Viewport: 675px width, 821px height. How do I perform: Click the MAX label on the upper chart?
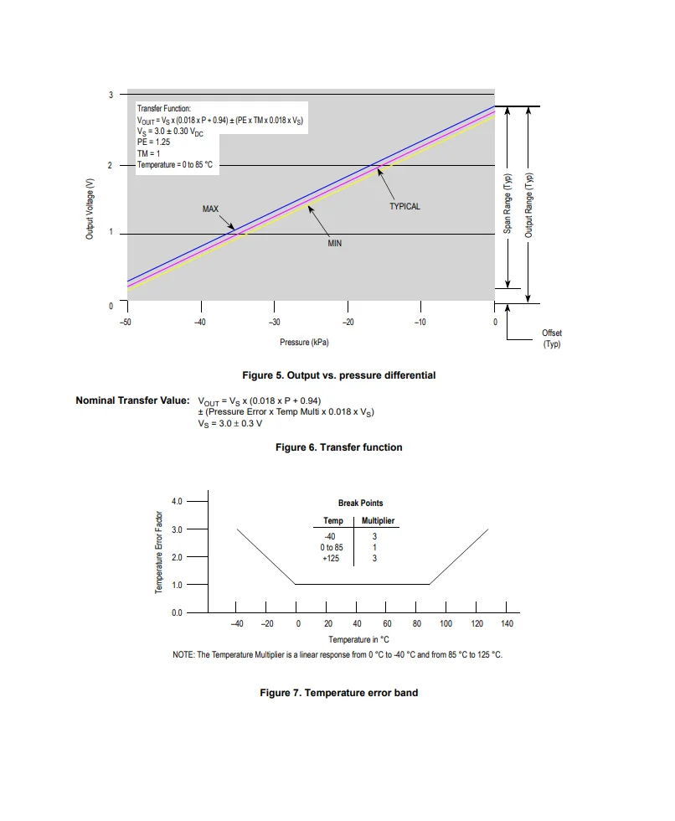[x=210, y=208]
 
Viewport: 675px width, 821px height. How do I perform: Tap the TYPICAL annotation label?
[x=404, y=206]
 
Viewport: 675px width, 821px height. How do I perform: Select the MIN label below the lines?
[x=334, y=243]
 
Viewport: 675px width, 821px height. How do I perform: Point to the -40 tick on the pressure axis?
[x=199, y=323]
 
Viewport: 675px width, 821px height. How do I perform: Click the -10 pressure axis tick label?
[x=420, y=323]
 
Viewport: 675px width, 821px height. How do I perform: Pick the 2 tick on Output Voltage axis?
[x=111, y=165]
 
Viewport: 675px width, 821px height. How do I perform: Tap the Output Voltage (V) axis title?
[x=89, y=209]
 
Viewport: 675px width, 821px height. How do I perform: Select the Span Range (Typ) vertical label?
[x=508, y=204]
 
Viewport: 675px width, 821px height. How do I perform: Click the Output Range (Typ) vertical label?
[x=529, y=204]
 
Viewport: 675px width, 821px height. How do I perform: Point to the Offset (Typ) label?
[x=552, y=338]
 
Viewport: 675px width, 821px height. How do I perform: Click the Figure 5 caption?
[x=338, y=375]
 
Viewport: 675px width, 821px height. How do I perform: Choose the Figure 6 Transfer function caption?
[x=338, y=447]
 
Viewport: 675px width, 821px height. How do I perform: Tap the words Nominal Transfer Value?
[x=132, y=400]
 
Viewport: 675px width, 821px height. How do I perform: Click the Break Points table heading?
[x=361, y=503]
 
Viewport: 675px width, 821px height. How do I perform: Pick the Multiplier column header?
[x=378, y=521]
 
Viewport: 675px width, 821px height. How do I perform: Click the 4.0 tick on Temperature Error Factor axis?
[x=177, y=501]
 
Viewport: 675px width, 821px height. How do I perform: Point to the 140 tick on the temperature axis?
[x=507, y=624]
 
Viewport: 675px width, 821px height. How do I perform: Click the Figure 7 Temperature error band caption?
[x=338, y=693]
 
